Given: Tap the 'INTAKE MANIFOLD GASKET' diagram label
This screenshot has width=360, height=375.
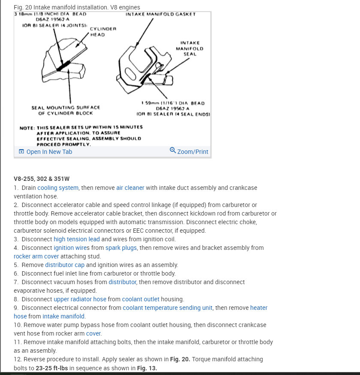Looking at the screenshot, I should [160, 14].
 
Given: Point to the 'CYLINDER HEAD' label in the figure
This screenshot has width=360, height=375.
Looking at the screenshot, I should [102, 31].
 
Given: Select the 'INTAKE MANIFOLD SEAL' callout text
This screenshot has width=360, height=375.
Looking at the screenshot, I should [189, 48].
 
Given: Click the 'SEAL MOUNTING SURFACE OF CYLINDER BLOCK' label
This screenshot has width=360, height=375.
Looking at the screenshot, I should [66, 110].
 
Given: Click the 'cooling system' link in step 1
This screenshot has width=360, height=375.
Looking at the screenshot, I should [58, 188].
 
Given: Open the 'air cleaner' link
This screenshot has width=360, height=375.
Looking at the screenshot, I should [130, 188].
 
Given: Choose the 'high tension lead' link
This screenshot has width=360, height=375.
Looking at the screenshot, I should [77, 239].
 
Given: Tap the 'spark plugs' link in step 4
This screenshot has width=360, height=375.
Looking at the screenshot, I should [121, 248].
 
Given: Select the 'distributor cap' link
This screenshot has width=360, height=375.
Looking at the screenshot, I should [65, 265].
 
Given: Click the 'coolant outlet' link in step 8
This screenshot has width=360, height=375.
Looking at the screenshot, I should [141, 299].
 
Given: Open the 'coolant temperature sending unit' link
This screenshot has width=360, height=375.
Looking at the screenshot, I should [168, 308].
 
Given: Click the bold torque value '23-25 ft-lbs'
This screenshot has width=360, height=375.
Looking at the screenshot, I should [53, 368].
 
